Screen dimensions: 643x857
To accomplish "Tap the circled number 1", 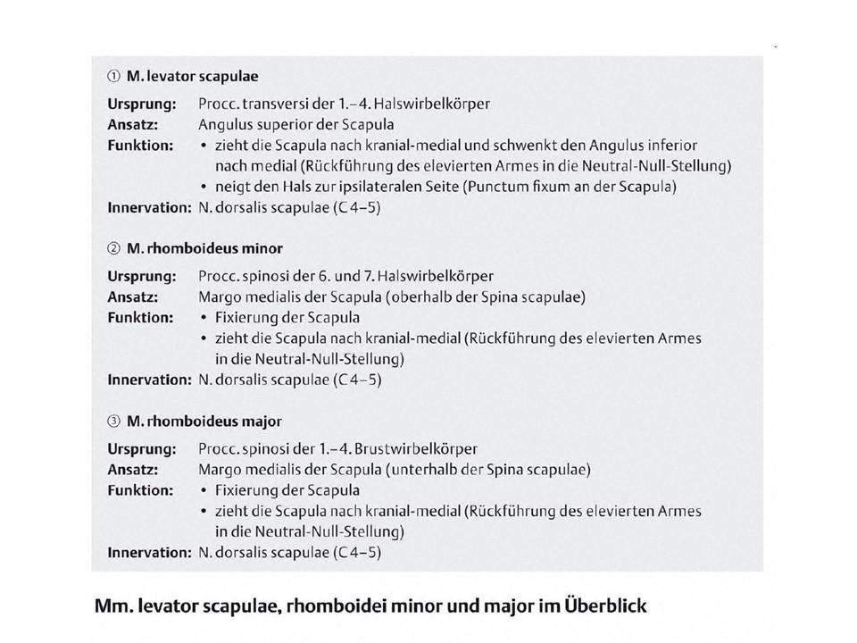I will pyautogui.click(x=112, y=76).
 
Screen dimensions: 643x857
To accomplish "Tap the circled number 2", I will pyautogui.click(x=112, y=248).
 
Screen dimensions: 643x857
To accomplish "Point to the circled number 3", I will pyautogui.click(x=112, y=421).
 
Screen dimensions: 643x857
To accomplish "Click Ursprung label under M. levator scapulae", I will pyautogui.click(x=142, y=104).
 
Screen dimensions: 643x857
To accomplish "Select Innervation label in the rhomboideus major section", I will pyautogui.click(x=149, y=553).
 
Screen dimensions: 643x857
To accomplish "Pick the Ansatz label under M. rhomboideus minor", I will pyautogui.click(x=133, y=296).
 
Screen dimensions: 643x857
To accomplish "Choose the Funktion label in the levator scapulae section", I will pyautogui.click(x=141, y=145).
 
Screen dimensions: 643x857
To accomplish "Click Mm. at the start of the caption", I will pyautogui.click(x=111, y=605).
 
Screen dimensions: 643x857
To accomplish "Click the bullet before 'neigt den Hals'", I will pyautogui.click(x=205, y=187).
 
